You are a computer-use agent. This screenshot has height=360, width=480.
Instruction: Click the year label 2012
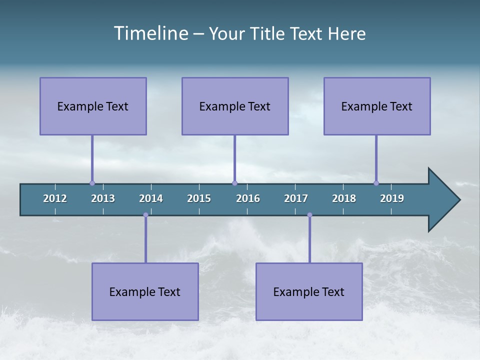point(55,198)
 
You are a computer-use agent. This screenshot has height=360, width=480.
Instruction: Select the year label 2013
point(103,198)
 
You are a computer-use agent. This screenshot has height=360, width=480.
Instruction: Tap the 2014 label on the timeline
point(151,198)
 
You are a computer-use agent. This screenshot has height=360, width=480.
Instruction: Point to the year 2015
point(199,198)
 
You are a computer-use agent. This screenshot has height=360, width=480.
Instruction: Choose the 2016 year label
point(248,198)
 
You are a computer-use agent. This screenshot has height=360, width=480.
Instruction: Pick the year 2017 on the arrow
point(296,198)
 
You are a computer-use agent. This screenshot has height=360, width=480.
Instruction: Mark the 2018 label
point(344,198)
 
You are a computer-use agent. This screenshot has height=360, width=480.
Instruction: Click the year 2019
point(392,198)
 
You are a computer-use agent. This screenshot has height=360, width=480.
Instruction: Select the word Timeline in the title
point(150,33)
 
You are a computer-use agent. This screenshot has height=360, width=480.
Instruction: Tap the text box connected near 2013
point(93,106)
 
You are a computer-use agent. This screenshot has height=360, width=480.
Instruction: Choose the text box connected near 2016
point(235,106)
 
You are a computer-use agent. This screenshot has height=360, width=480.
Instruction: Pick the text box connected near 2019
point(377,106)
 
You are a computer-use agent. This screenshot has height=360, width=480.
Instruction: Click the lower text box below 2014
point(145,291)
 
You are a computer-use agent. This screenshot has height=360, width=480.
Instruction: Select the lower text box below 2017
point(309,291)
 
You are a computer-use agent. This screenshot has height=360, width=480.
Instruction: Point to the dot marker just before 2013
point(92,183)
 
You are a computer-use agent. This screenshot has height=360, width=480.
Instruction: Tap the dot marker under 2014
point(145,215)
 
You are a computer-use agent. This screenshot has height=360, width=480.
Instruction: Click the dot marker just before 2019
point(376,183)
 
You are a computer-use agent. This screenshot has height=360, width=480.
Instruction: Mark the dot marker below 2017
point(309,215)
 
